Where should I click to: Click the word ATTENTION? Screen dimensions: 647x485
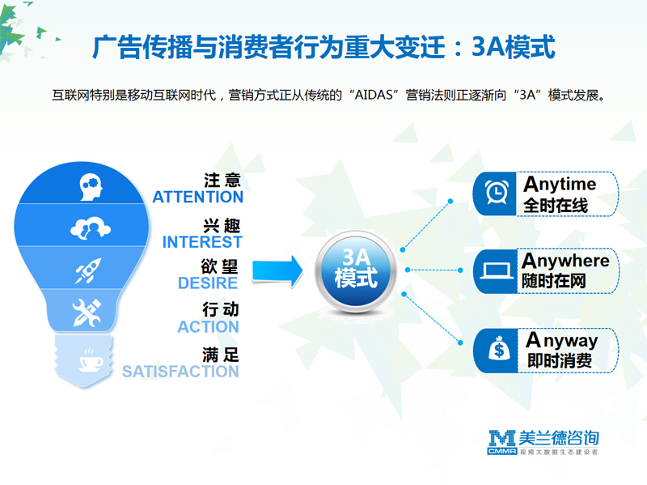197,197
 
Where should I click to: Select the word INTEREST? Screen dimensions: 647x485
202,242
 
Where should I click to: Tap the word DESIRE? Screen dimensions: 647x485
208,283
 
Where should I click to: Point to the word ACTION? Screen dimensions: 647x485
208,327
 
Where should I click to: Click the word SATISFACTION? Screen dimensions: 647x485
180,372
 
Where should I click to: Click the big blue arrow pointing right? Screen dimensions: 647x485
277,271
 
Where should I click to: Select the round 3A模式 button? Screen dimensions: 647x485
355,271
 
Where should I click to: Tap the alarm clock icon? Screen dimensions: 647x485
497,193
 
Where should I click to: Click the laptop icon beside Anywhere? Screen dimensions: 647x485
497,271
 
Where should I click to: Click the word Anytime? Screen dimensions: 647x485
560,185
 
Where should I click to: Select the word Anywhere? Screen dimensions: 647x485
565,262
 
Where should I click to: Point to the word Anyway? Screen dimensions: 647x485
561,341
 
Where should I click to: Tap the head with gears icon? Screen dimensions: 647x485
91,187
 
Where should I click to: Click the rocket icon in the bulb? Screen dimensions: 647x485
88,270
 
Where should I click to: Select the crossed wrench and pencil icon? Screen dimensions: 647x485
87,313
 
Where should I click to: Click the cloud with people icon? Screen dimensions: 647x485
91,228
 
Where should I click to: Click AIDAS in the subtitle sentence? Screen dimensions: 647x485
374,96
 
